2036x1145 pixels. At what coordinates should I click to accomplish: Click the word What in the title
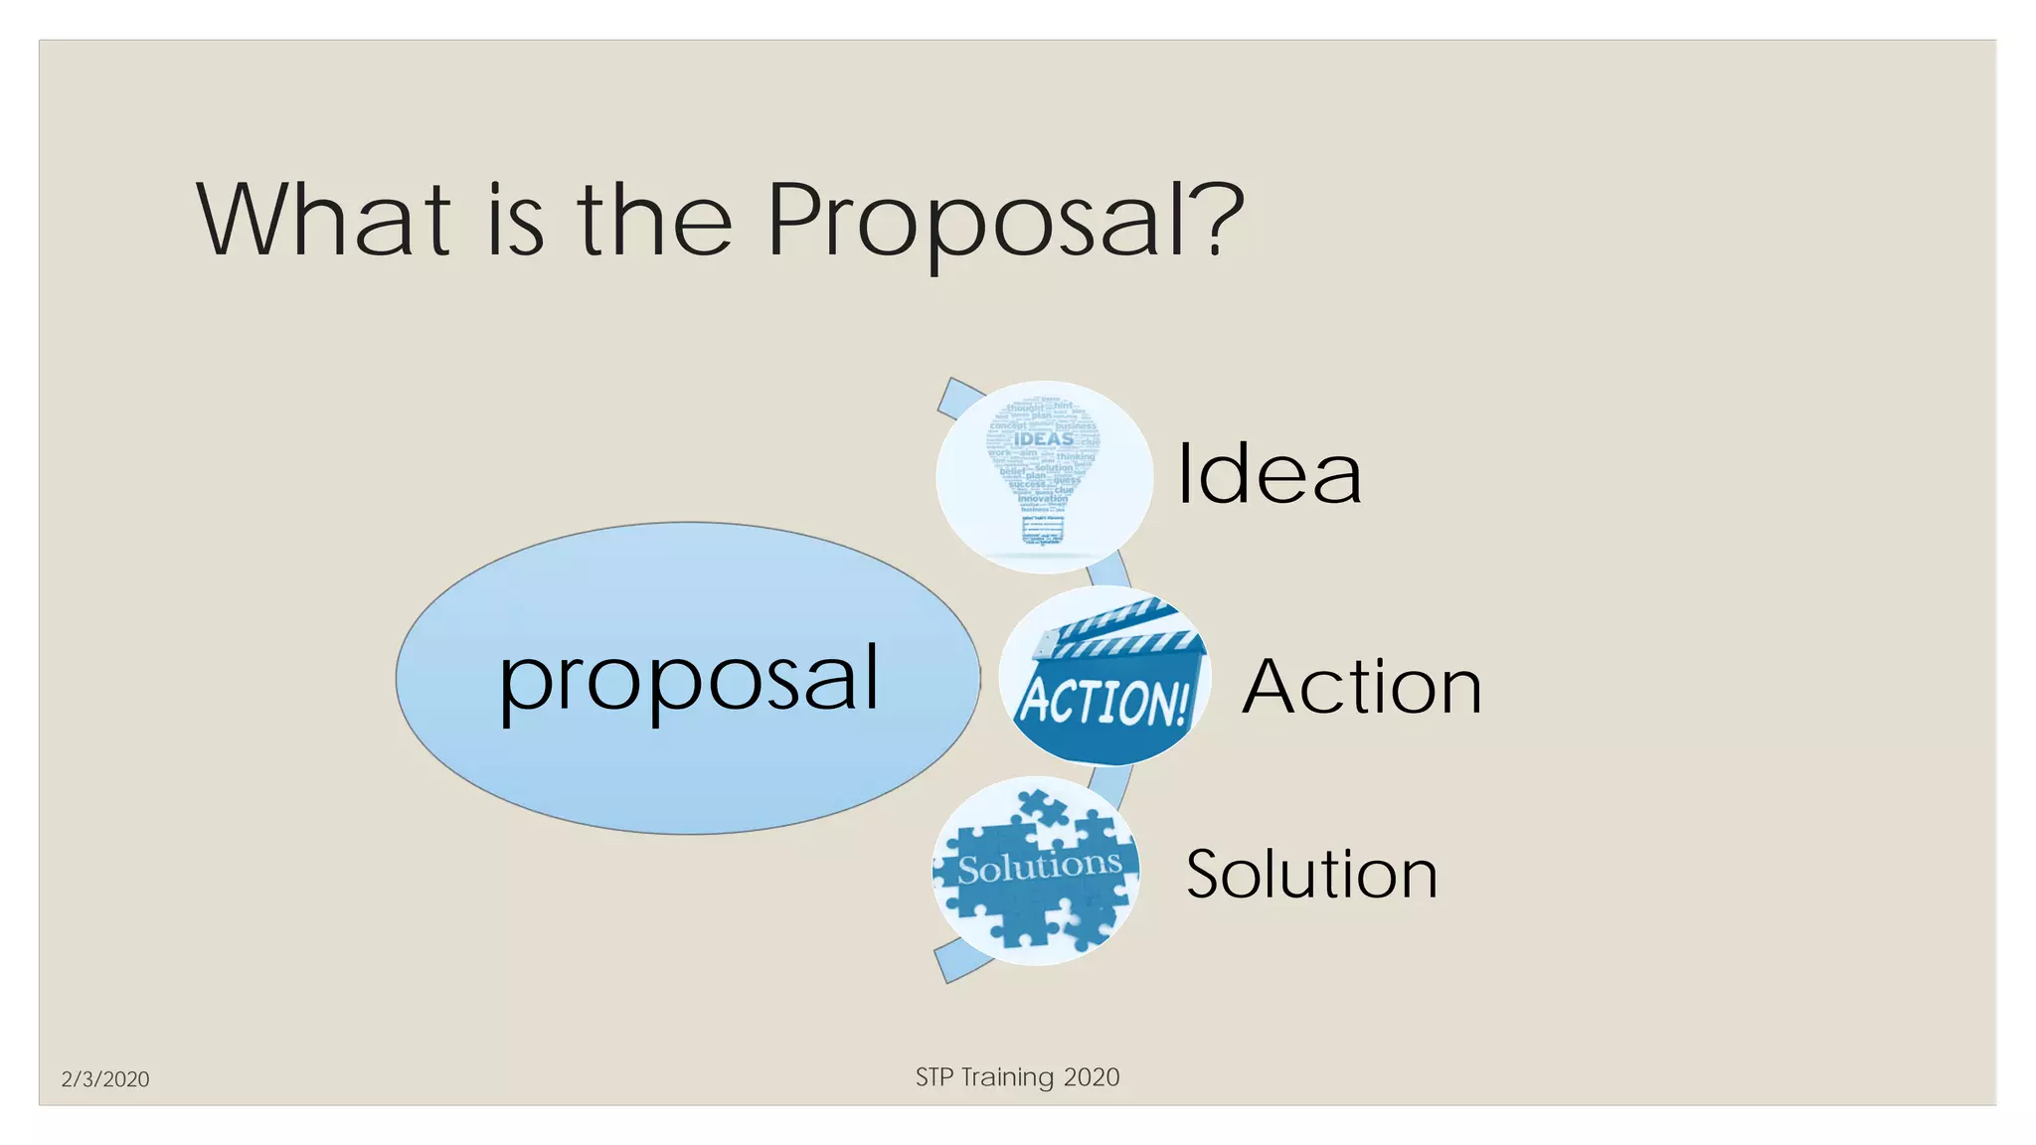click(324, 220)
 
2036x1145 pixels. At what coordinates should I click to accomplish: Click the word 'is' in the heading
click(515, 220)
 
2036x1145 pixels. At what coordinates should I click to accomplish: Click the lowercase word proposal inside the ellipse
click(689, 680)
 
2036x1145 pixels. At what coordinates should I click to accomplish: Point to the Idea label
click(1269, 474)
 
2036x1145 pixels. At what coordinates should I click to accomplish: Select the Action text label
click(1362, 687)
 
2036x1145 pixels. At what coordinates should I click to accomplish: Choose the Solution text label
click(1311, 875)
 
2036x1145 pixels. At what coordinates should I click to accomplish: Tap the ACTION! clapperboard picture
click(1104, 677)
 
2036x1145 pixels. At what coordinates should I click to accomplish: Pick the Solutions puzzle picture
click(1036, 872)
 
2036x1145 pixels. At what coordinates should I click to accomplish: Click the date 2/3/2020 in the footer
click(105, 1079)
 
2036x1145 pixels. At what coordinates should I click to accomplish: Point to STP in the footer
click(934, 1077)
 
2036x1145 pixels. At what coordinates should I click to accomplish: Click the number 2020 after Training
click(1092, 1077)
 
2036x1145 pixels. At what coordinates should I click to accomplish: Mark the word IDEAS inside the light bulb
click(1044, 439)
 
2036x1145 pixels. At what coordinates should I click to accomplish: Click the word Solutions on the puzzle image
click(1039, 867)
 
